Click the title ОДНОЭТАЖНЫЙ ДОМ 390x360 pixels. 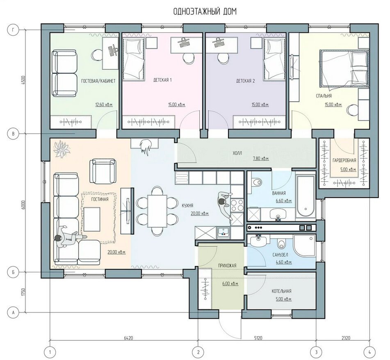[205, 11]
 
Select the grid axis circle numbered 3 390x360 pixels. [316, 352]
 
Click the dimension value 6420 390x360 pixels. [129, 338]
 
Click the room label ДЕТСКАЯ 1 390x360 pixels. [162, 80]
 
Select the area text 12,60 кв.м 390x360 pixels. [104, 105]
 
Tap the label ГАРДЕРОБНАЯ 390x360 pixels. [344, 160]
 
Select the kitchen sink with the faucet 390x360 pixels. [224, 233]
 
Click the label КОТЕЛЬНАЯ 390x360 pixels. [281, 291]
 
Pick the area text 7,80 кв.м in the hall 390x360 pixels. [261, 158]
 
